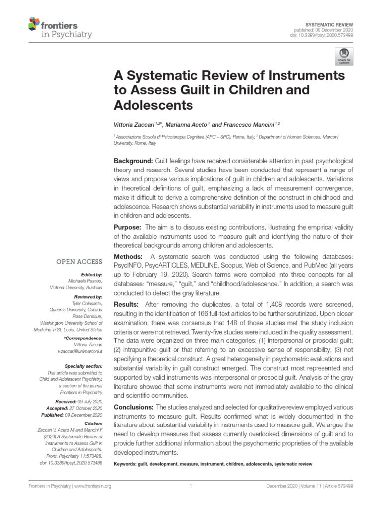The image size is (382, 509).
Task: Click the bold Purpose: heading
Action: (129, 227)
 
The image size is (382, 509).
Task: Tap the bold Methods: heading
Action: (129, 256)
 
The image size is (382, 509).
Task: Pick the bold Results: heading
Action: (128, 304)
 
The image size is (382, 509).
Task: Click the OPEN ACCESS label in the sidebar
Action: (80, 262)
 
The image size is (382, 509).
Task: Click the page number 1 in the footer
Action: (191, 487)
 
